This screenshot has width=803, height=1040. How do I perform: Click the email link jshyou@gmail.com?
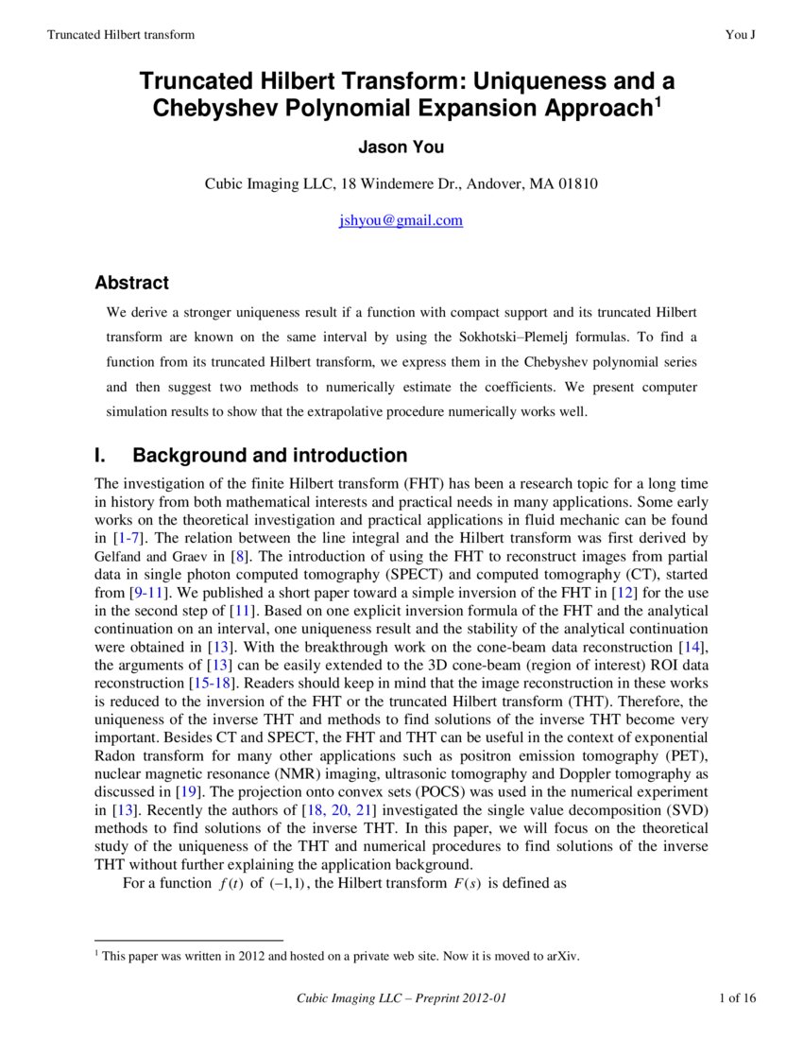point(401,220)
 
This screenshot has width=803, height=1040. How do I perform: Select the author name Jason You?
point(401,147)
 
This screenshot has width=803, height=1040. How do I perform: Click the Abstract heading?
point(131,283)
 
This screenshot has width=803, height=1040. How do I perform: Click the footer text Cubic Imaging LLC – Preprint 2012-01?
point(407,998)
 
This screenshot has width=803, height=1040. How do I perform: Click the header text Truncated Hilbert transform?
point(120,35)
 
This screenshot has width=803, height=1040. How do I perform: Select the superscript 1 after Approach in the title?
point(658,100)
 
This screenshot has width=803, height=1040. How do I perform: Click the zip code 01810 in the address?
point(576,184)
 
